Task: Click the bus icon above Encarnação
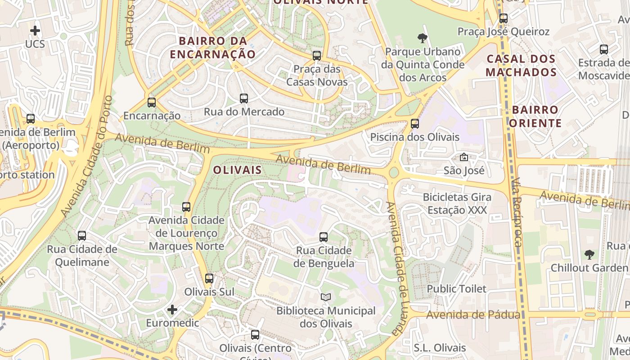152,103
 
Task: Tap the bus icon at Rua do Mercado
244,98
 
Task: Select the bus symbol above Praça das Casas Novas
317,56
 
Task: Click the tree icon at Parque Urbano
422,38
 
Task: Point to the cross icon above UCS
35,31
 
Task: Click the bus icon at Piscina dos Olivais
415,123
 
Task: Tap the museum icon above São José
463,157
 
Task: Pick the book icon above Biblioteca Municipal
326,297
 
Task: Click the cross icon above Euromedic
172,310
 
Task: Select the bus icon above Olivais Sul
209,278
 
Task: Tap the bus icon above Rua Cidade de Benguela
324,237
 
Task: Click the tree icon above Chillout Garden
589,254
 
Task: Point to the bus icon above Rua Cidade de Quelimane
82,235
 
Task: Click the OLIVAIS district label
237,170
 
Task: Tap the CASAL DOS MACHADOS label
521,65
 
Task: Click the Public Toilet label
456,288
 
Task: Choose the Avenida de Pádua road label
473,315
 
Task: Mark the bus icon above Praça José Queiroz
504,18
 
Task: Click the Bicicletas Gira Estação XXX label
457,203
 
